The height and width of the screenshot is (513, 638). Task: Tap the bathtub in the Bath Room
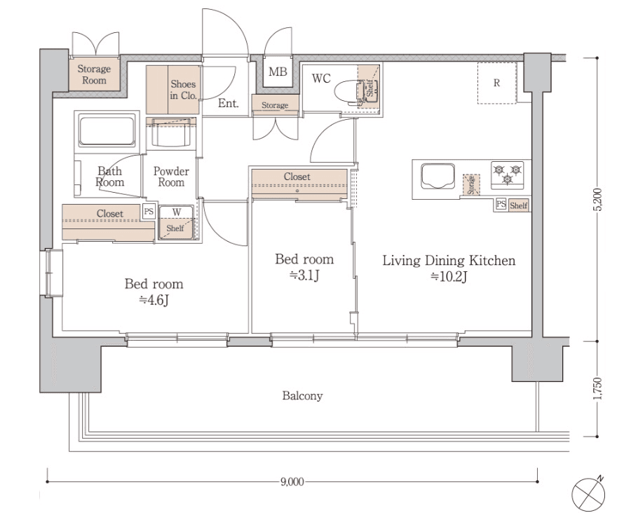point(107,130)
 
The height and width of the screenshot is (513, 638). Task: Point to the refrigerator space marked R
point(497,83)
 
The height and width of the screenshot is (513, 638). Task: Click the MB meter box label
point(278,72)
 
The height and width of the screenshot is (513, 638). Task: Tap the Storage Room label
point(94,74)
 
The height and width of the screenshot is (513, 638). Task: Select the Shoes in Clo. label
point(183,90)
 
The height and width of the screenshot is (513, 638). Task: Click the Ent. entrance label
point(228,103)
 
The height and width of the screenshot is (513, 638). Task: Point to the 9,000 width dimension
point(292,481)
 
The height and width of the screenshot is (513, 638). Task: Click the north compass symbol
point(588,494)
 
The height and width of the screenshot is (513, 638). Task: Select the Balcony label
point(302,395)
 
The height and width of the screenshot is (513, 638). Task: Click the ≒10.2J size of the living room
point(449,277)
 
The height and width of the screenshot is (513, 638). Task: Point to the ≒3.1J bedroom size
point(304,275)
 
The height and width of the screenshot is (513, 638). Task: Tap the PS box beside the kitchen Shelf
point(501,204)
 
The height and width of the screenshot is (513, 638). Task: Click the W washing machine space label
point(177,212)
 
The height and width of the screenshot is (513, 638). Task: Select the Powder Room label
point(171,177)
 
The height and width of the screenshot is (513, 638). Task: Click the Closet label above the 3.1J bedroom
point(297,177)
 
